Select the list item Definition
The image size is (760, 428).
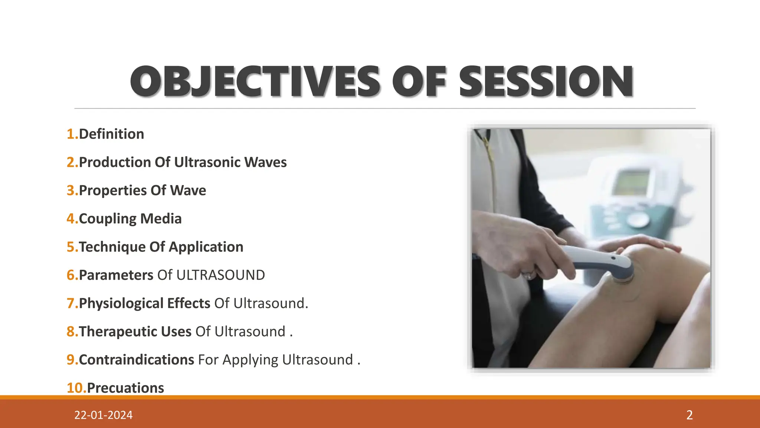(x=111, y=134)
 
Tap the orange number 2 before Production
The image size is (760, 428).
(x=71, y=162)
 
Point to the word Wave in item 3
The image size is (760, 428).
(x=188, y=191)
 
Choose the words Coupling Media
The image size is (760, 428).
(x=130, y=219)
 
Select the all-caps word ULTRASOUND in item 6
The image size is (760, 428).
(x=220, y=275)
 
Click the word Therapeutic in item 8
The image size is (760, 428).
(x=117, y=332)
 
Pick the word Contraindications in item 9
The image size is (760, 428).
(x=136, y=360)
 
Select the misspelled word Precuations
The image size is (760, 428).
(x=125, y=388)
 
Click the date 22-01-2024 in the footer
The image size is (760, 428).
(x=103, y=415)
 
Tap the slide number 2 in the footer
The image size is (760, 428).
(x=689, y=415)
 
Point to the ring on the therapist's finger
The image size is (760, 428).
(x=528, y=275)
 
